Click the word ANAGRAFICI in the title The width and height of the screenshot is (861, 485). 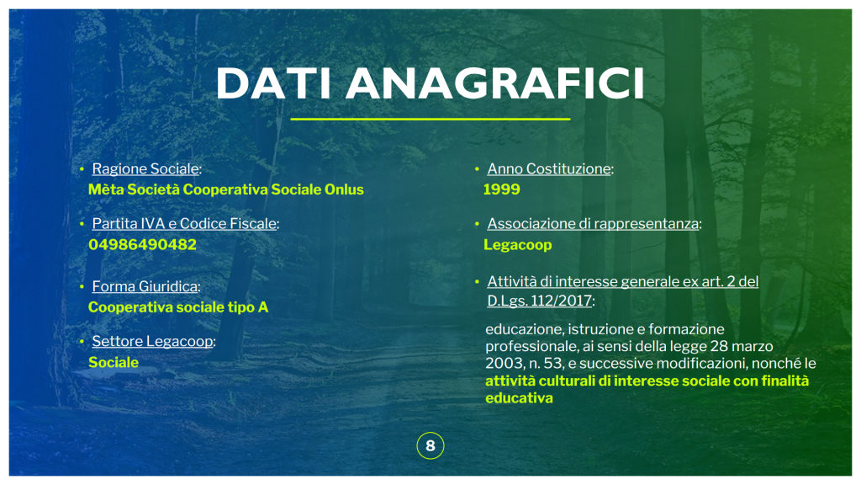tap(494, 83)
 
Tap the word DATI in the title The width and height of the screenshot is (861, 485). tap(273, 83)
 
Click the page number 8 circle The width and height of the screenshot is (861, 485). tap(430, 445)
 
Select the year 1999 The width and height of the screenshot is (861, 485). tap(501, 189)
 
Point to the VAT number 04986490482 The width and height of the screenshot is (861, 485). tap(142, 245)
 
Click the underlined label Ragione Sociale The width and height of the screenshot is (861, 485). tap(145, 168)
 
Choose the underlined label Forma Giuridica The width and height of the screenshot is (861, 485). tap(145, 286)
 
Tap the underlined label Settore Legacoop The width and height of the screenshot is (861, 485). tap(153, 342)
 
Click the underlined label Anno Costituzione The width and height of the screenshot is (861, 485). tap(549, 168)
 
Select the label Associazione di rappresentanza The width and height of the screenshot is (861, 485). tap(593, 224)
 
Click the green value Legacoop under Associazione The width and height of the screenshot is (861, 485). tap(517, 245)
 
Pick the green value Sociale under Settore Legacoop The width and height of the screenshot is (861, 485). tap(114, 362)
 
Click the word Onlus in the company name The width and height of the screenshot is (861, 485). tap(344, 189)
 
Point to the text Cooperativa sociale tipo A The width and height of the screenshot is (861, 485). tap(178, 306)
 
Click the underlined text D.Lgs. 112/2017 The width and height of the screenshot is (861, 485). tap(540, 301)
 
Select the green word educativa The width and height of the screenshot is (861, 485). tap(519, 398)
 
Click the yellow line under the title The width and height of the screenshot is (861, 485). tap(430, 119)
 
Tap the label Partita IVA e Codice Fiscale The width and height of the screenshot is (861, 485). tap(184, 224)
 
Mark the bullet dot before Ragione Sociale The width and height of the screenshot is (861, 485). tap(82, 168)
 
